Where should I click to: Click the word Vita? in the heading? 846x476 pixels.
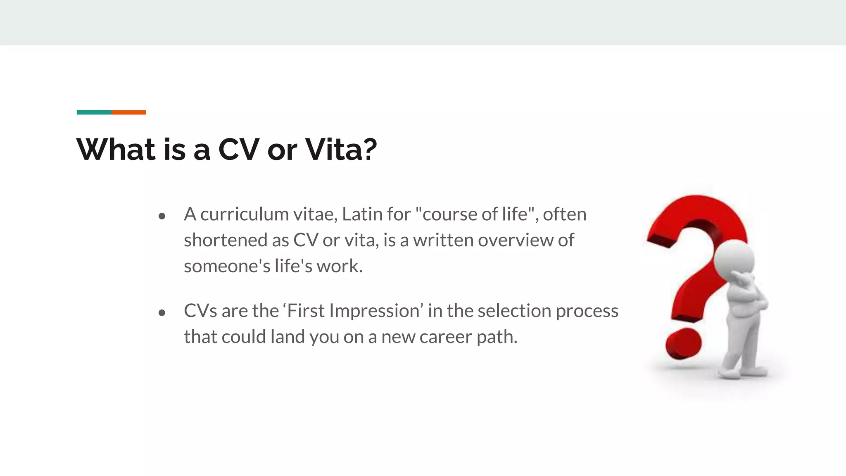[x=341, y=149]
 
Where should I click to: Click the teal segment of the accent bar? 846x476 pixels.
[x=94, y=112]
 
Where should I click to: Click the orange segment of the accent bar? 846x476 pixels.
[x=128, y=112]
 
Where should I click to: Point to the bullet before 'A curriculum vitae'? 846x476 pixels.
[x=162, y=216]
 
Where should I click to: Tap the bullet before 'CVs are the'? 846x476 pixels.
[x=162, y=313]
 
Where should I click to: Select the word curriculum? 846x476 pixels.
[x=244, y=214]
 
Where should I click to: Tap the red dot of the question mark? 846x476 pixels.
[x=683, y=343]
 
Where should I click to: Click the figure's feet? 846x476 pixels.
[x=744, y=372]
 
